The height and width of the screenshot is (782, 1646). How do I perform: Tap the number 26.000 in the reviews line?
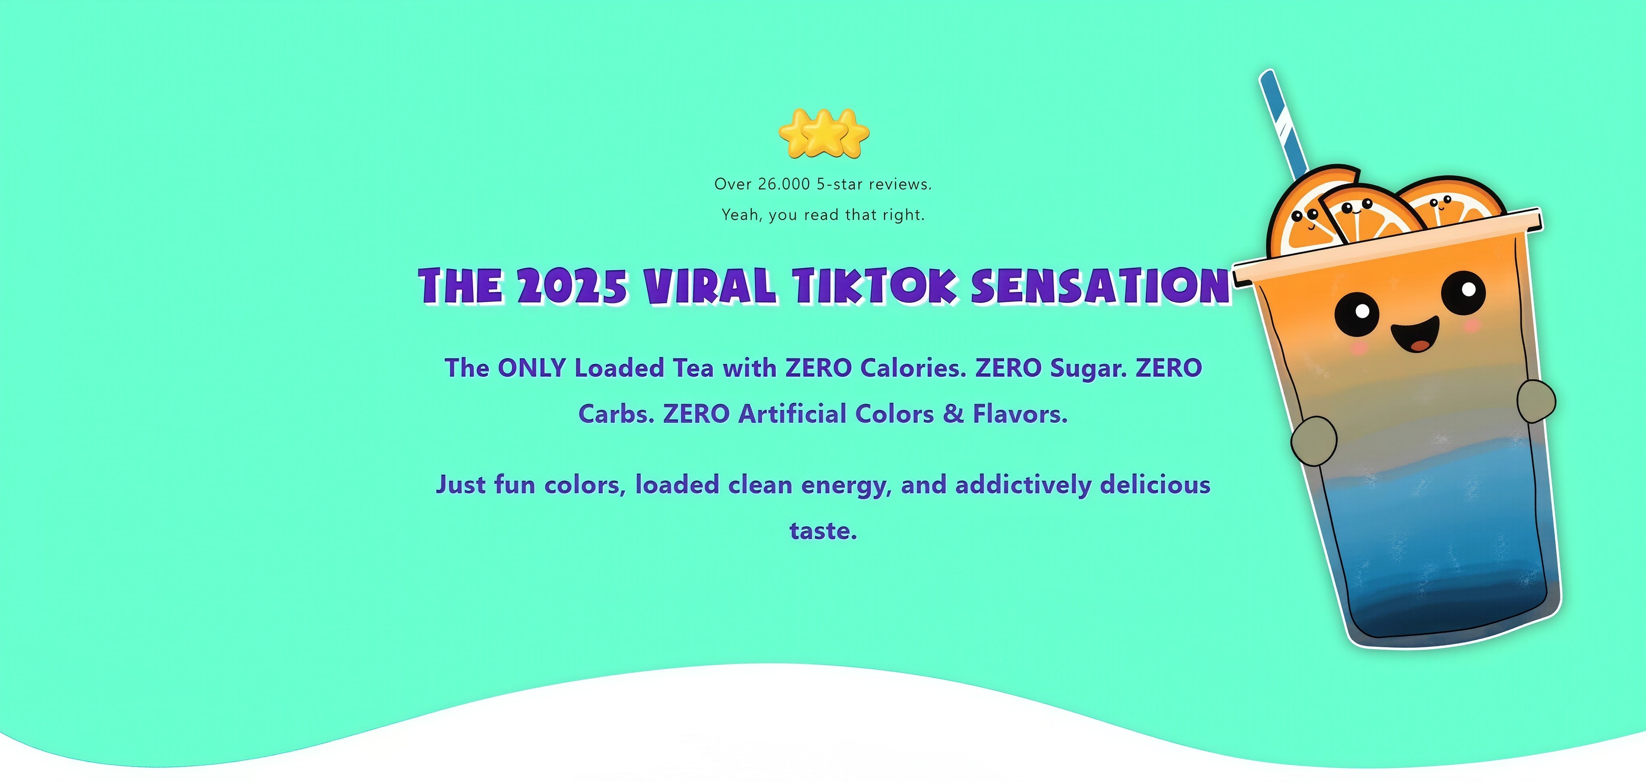784,184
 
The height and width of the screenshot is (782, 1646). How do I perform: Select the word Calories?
913,368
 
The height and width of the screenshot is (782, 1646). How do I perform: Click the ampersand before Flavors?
953,414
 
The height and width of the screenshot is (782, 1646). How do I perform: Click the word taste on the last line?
823,531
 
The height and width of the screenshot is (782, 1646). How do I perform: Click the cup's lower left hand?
1314,441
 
